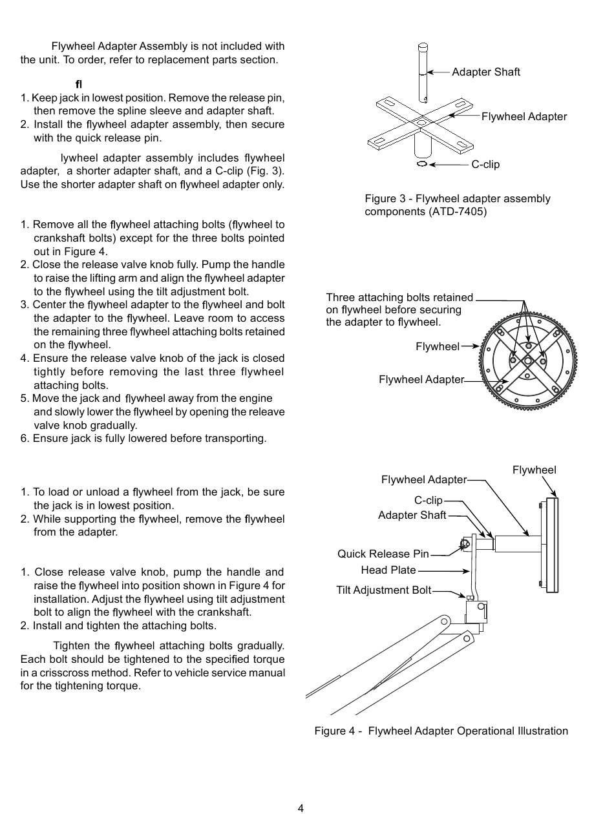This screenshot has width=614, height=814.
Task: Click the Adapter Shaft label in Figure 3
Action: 485,72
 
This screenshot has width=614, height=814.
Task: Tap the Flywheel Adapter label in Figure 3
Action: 524,116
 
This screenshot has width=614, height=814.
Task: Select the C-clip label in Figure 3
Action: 485,164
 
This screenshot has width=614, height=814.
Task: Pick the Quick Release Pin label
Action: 383,554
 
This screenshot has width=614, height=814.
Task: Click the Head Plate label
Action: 388,570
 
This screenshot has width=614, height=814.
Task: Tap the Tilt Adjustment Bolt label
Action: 383,590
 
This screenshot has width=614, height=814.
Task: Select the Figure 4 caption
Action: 441,731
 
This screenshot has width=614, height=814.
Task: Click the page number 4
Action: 301,808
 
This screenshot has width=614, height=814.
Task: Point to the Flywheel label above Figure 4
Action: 534,470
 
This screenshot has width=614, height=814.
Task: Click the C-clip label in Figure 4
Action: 428,500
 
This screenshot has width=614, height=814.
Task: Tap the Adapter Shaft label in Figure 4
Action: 412,515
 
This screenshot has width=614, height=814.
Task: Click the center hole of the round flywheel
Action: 528,359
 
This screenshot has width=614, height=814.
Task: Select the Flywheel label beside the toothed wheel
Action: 437,346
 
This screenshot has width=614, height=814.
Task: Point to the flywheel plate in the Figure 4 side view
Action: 551,545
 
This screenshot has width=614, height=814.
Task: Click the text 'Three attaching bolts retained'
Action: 399,297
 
